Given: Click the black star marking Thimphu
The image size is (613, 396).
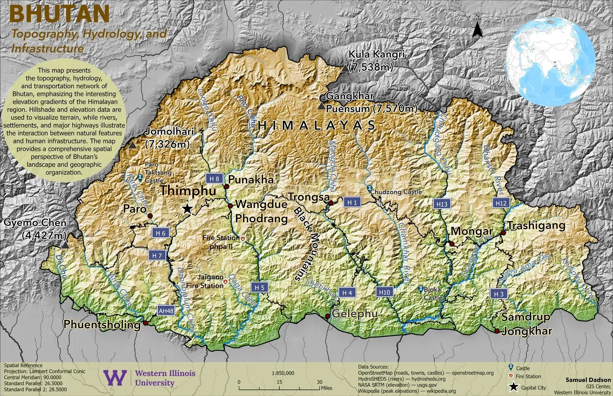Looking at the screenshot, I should pos(187,209).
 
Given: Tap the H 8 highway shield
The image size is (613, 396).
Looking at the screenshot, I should pos(214,179).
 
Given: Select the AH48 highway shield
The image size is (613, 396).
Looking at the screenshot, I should pos(166,311).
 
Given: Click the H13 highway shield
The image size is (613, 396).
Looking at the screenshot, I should pos(442,204).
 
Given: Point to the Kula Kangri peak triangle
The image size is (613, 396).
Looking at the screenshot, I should pos(345,68).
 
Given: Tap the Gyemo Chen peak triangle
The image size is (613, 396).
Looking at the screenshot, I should pos(65,245).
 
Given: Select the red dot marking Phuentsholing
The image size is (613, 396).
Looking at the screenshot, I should pos(145,323).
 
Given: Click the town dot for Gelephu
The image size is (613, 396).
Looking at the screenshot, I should pos(328,316).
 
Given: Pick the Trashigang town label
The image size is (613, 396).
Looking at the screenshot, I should pos(536,226).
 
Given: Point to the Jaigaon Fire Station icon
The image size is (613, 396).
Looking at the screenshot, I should pos(226,282).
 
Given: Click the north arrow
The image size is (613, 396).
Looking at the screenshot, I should pos(477,27).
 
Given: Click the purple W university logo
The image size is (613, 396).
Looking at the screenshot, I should pos(115,378).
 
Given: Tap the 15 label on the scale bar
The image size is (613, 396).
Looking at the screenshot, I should pos(279,382).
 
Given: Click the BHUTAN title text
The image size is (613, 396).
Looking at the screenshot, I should pos(59,14).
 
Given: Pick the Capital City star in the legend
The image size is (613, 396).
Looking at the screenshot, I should pos(513,387).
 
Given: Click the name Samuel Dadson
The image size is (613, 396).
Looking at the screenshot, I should pos(588,380).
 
